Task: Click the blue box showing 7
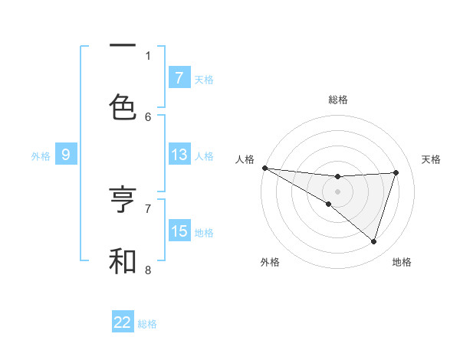pos(179,77)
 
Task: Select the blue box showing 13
pos(179,155)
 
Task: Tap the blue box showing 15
pos(179,231)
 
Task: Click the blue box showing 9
pos(66,155)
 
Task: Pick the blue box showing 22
pos(123,322)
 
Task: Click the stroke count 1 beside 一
pos(148,55)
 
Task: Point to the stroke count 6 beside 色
pos(148,116)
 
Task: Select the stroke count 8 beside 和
pos(148,270)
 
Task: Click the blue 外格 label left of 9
pos(41,155)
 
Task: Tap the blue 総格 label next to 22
pos(147,323)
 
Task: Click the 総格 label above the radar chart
pos(338,100)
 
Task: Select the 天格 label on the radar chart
pos(432,159)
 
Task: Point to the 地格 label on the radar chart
pos(402,262)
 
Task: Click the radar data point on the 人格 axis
pos(264,167)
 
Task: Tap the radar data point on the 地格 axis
pos(373,241)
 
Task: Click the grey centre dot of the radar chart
pos(337,191)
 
